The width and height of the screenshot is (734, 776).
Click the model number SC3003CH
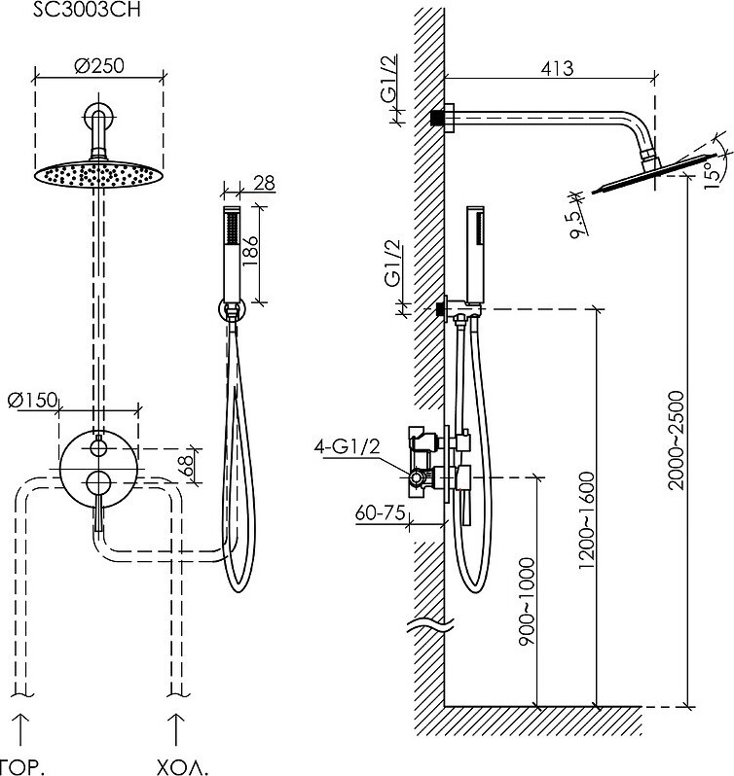pos(87,10)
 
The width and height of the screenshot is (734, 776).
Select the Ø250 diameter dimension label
pos(99,66)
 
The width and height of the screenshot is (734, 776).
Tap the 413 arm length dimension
pos(557,68)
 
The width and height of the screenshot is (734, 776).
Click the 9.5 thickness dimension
pos(578,225)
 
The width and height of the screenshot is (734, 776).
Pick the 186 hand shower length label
pos(250,251)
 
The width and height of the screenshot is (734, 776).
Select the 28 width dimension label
pos(264,183)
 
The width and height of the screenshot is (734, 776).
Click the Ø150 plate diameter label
pos(33,400)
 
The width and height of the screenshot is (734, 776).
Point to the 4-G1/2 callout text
pos(347,446)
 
